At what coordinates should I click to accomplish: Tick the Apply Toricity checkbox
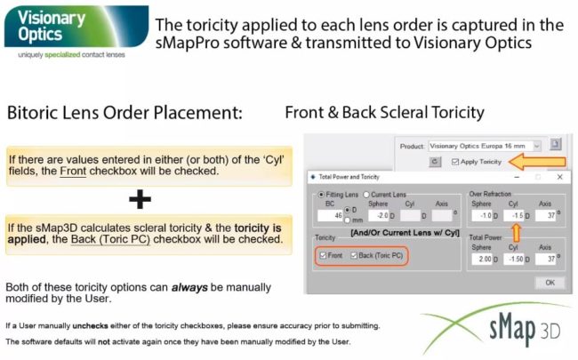[456, 162]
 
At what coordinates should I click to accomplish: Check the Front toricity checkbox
[324, 256]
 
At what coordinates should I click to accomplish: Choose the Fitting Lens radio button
[321, 193]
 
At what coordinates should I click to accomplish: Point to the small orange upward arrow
[514, 233]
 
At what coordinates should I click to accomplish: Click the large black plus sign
[140, 199]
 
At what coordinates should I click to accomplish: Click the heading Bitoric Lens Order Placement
[124, 114]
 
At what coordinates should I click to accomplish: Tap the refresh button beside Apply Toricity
[435, 162]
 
